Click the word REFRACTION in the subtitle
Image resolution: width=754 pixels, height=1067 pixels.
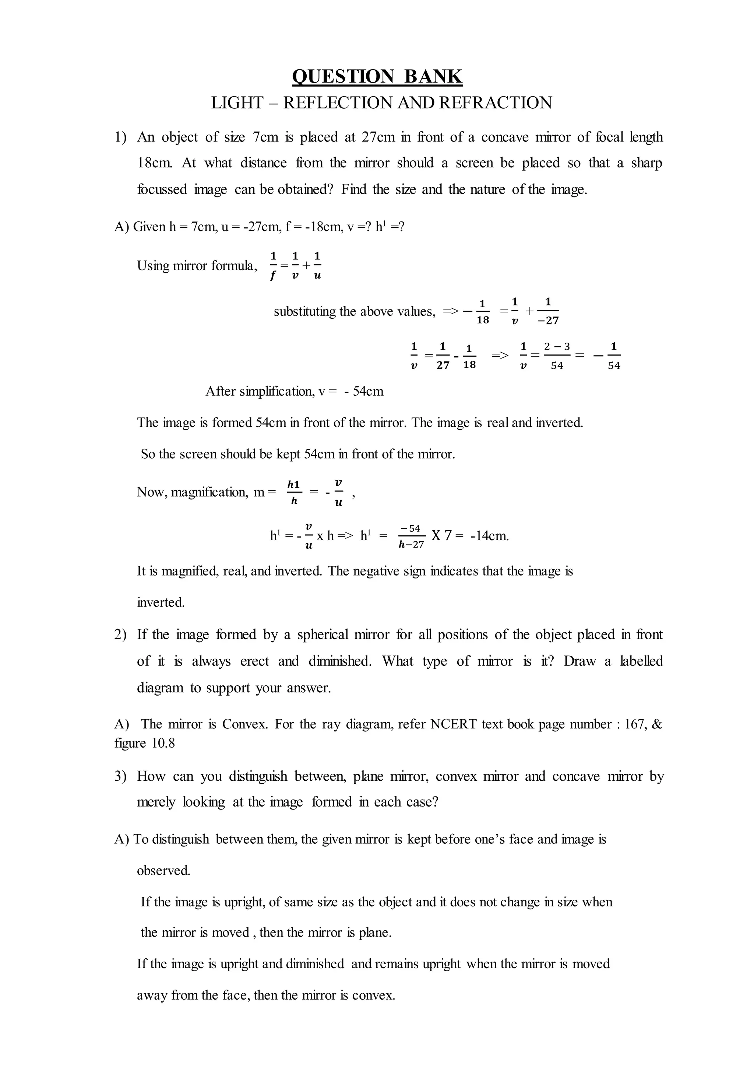click(x=496, y=103)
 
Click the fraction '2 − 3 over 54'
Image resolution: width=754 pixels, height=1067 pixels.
click(x=557, y=356)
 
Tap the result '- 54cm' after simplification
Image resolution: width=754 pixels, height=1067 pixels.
click(x=364, y=391)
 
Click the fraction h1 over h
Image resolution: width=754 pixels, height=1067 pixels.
click(x=294, y=492)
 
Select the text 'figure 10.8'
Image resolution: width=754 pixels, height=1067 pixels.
click(x=144, y=743)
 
